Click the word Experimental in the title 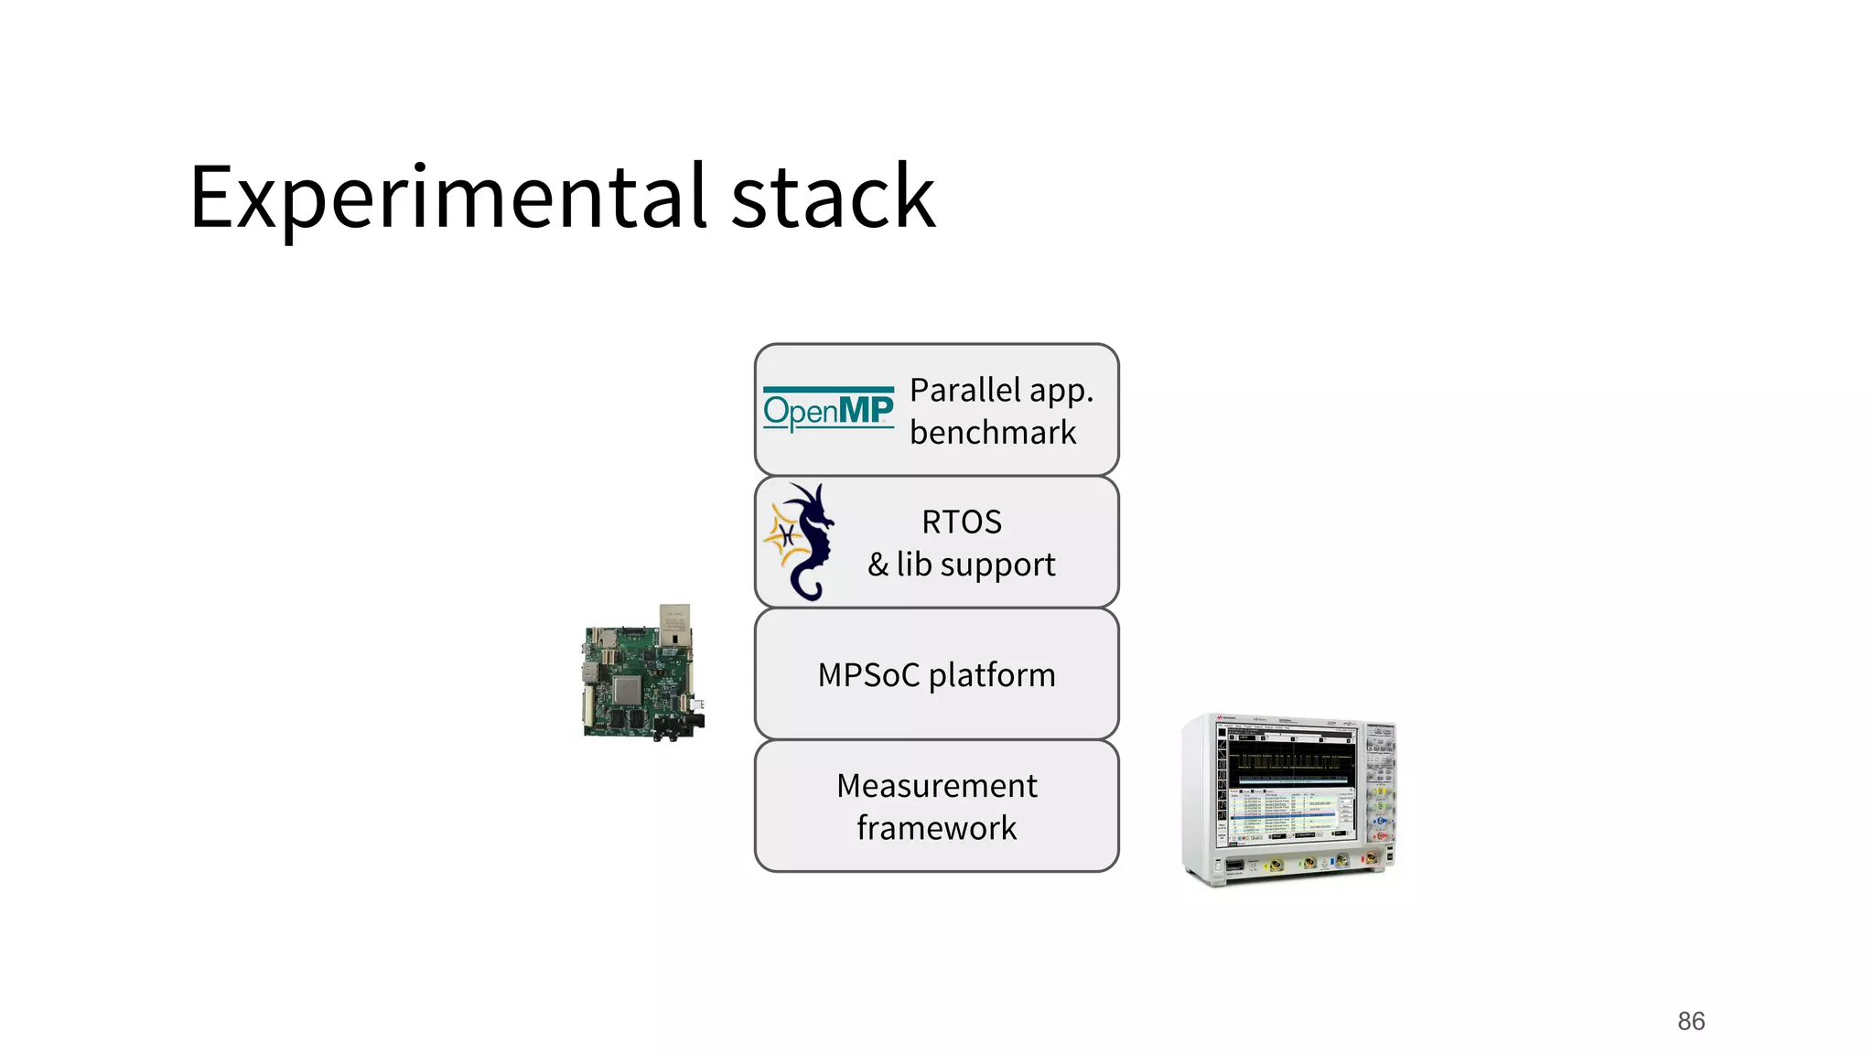pyautogui.click(x=448, y=197)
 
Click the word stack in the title pyautogui.click(x=833, y=197)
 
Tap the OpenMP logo pyautogui.click(x=828, y=409)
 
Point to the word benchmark pyautogui.click(x=993, y=433)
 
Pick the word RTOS pyautogui.click(x=962, y=522)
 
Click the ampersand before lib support pyautogui.click(x=878, y=565)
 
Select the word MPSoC pyautogui.click(x=868, y=675)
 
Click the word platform pyautogui.click(x=992, y=676)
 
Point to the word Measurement pyautogui.click(x=937, y=786)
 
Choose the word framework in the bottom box pyautogui.click(x=937, y=828)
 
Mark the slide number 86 pyautogui.click(x=1691, y=1021)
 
